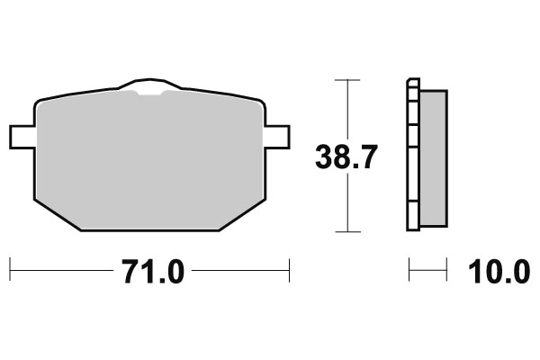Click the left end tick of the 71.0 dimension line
coord(9,269)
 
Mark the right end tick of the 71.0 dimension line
coord(288,269)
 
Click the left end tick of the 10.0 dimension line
coord(409,269)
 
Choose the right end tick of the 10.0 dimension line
coord(447,269)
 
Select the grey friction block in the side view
coord(434,157)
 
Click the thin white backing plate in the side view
coord(413,157)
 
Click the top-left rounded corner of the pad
coord(38,103)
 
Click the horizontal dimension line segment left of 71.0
coord(58,269)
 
